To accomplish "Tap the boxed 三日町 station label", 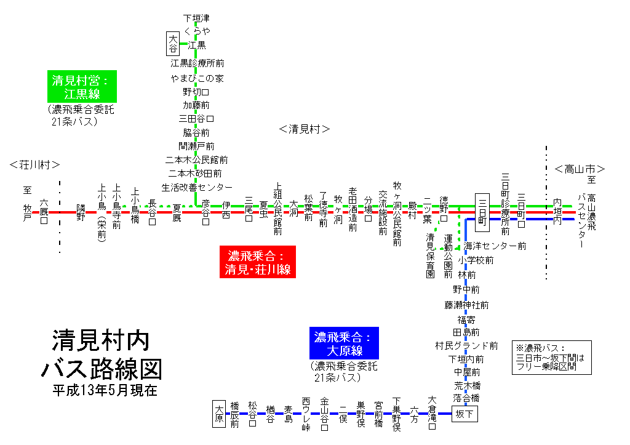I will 482,212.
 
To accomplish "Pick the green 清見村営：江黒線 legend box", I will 78,87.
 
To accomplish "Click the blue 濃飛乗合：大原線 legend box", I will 344,343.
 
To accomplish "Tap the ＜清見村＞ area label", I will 305,129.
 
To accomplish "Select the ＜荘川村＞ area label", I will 35,165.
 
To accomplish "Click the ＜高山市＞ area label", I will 580,169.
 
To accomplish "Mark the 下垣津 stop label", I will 197,18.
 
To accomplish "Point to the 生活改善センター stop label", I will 197,186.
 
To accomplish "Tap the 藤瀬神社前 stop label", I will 467,305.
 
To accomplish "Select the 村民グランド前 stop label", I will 466,345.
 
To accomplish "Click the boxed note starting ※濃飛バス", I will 551,358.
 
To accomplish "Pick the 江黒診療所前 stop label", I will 197,63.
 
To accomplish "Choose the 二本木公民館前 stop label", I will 197,159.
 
